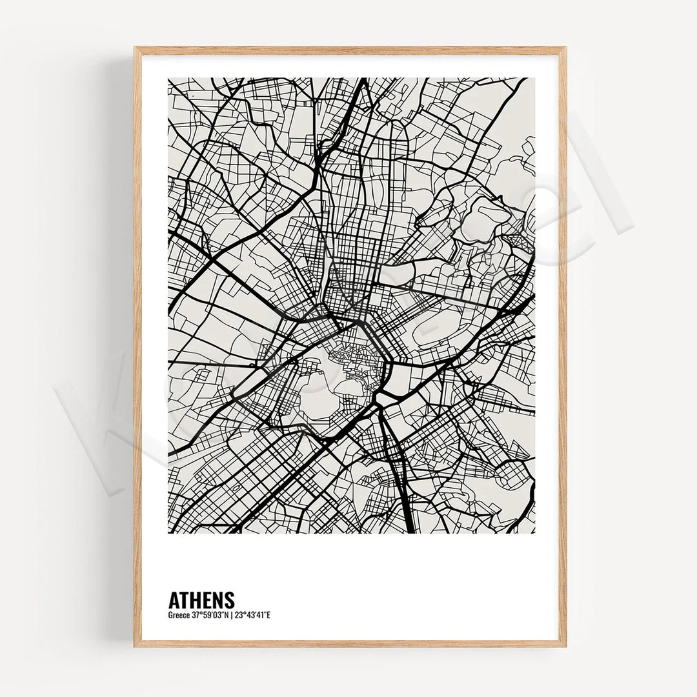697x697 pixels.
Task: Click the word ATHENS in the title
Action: coord(201,600)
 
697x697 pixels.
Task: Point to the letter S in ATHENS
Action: coord(229,600)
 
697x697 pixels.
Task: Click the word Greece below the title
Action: coord(178,615)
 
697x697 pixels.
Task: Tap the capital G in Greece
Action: coord(170,615)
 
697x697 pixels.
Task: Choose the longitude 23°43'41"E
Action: coord(252,615)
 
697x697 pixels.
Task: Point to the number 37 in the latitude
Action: coord(194,615)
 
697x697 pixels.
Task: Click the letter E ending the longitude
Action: coord(268,615)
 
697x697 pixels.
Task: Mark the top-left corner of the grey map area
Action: coord(168,79)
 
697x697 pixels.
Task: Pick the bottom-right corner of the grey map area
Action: coord(534,533)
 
